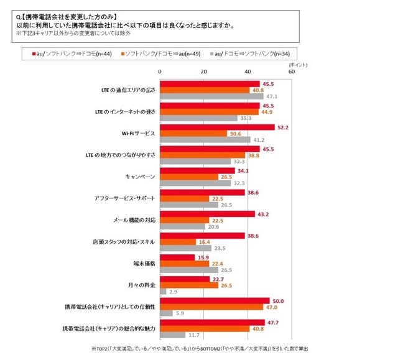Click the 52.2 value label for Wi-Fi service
pyautogui.click(x=284, y=127)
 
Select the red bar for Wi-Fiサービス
pyautogui.click(x=217, y=127)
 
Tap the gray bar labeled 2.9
pyautogui.click(x=163, y=291)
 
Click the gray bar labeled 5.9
pyautogui.click(x=166, y=313)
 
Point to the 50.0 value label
pyautogui.click(x=279, y=301)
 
